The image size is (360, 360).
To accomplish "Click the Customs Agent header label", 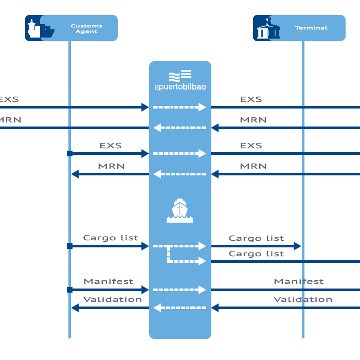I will [86, 28].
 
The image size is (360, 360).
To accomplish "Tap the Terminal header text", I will [311, 28].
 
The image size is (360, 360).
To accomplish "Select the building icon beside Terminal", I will [267, 29].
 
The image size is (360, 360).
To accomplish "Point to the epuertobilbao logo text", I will [180, 87].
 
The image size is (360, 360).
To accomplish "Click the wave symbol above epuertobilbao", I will [180, 75].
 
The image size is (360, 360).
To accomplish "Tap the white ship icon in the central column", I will [179, 211].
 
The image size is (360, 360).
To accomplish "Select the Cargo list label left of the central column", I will [111, 238].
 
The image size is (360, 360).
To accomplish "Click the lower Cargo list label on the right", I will [256, 254].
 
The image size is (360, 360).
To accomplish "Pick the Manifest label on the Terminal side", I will [299, 281].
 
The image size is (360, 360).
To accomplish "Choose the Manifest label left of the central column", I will [109, 281].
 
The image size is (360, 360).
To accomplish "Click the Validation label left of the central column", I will [113, 299].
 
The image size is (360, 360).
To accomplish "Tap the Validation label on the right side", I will [302, 299].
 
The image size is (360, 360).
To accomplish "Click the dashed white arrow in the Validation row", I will [179, 308].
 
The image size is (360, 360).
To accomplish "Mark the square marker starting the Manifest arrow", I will [69, 290].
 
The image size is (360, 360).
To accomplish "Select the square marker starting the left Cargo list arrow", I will [69, 246].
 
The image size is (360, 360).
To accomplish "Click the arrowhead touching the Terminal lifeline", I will [297, 246].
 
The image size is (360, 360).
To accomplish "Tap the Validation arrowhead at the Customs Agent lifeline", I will [75, 308].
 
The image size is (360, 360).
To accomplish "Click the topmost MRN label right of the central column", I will [253, 120].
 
